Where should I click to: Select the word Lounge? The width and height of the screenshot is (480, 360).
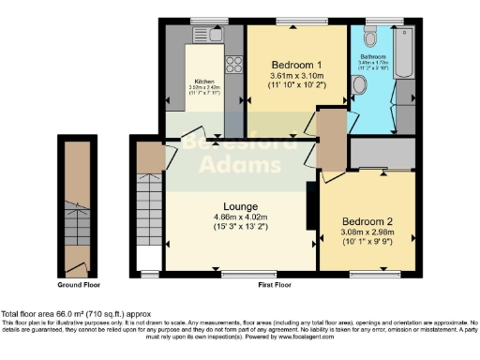(240, 206)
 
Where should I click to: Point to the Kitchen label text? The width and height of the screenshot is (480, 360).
(205, 81)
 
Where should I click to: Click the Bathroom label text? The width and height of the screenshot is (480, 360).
(373, 56)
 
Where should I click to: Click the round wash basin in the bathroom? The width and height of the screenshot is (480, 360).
(361, 83)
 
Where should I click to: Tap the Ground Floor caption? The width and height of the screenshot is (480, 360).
(80, 284)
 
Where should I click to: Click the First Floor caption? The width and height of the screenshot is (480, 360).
(277, 284)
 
